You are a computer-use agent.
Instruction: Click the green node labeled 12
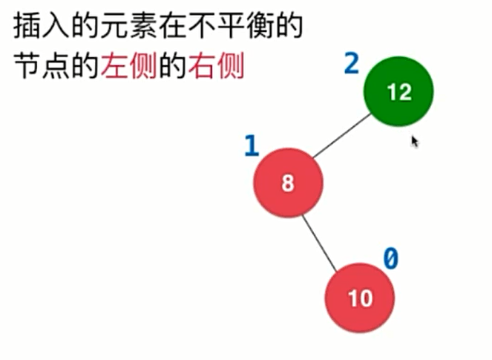(x=398, y=91)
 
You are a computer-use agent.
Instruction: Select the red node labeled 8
(x=288, y=183)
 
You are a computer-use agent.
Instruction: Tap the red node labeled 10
(x=359, y=298)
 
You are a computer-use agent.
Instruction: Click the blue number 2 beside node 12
(x=351, y=64)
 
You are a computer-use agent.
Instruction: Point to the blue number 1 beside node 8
(x=251, y=145)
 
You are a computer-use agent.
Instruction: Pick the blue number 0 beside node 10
(x=390, y=258)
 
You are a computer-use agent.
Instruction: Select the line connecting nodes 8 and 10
(x=318, y=243)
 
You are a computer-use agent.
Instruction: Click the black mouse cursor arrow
(x=415, y=140)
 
